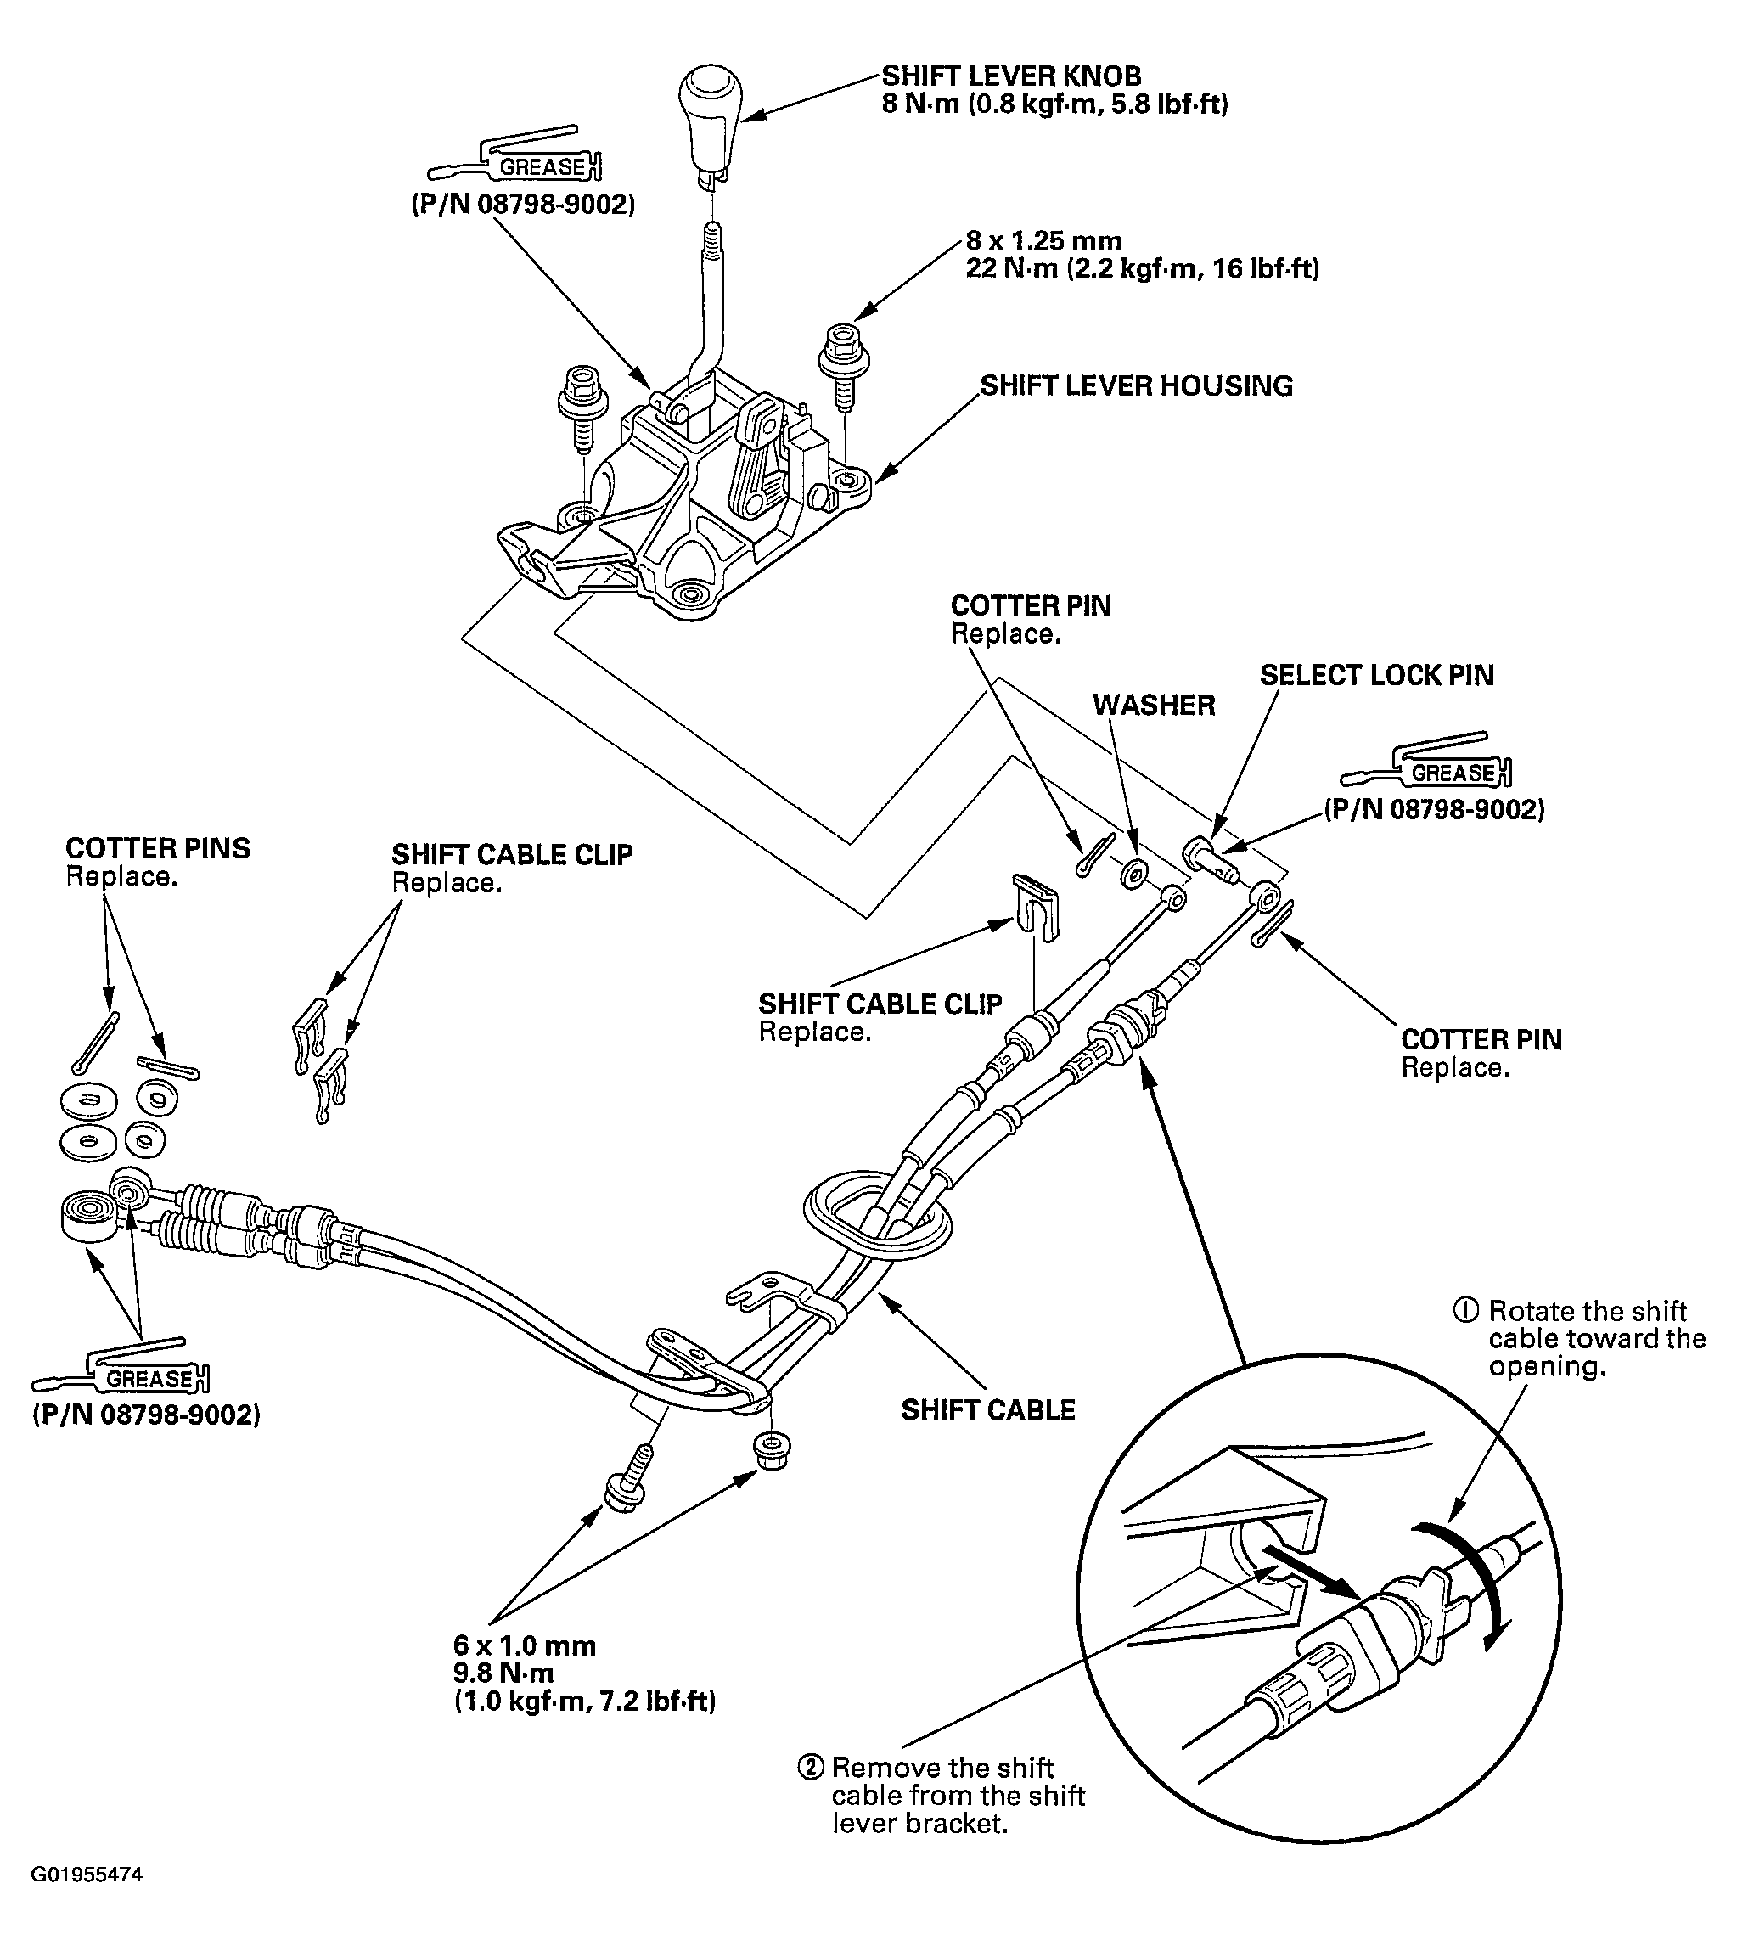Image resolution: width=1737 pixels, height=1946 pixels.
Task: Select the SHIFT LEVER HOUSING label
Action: pos(1136,385)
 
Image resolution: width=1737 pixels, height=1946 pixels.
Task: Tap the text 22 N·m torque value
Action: pos(1142,269)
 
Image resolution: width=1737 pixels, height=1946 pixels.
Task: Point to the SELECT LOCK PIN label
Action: pos(1376,675)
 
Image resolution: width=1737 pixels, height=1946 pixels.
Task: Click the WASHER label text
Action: pos(1154,705)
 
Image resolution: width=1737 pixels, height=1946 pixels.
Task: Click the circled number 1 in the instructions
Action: pos(1467,1310)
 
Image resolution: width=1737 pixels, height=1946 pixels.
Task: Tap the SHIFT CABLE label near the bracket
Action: pos(988,1409)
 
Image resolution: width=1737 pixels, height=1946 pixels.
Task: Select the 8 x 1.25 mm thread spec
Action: pos(1043,240)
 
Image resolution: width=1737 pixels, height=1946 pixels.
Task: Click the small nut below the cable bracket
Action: pos(771,1451)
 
